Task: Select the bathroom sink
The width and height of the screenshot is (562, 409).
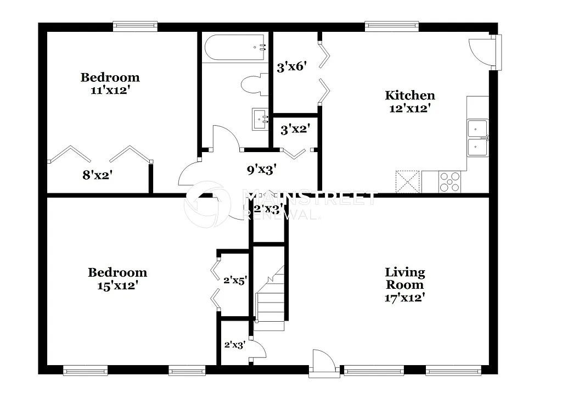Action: pos(260,119)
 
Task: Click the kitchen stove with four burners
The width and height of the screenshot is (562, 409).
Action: pos(449,182)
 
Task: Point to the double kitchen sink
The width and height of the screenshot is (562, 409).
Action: pos(477,138)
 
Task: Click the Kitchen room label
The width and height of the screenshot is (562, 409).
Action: pos(409,96)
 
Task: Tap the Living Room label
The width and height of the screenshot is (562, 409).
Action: pos(404,278)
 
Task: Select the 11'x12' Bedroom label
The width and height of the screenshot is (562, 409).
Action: pos(110,77)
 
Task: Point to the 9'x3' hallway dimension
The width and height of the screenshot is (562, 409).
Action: pos(261,170)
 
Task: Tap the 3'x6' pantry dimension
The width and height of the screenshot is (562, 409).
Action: pos(291,68)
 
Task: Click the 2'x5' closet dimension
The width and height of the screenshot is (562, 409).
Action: pos(235,280)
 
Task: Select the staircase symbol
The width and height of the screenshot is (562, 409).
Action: pos(270,299)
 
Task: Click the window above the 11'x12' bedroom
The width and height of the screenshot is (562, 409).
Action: pos(135,25)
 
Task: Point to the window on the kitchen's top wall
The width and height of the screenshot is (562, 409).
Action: pos(392,25)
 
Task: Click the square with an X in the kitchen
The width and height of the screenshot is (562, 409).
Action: pos(407,182)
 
